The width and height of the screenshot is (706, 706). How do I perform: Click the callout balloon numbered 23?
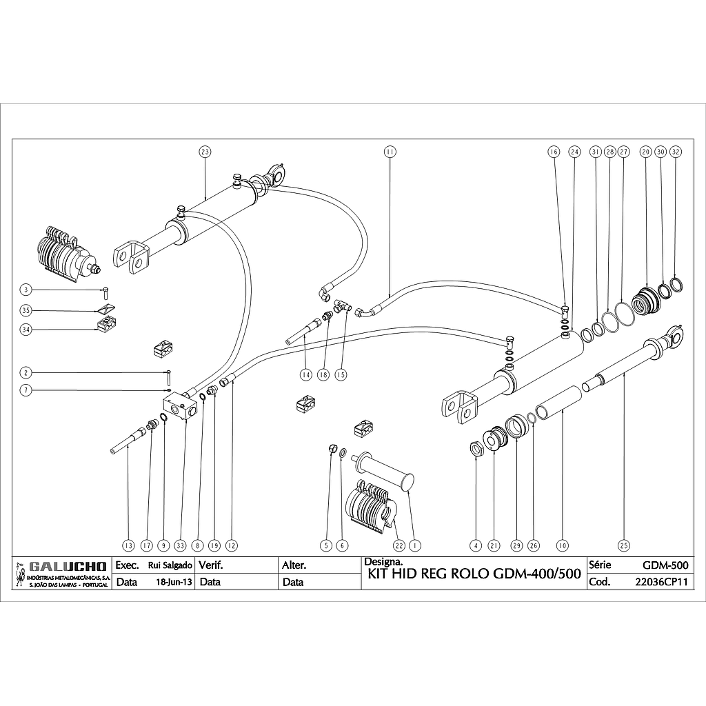click(x=204, y=151)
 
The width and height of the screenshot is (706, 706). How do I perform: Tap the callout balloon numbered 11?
click(x=390, y=151)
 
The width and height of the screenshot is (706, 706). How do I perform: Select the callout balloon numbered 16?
click(x=553, y=151)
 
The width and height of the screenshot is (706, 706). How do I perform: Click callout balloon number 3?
click(x=26, y=290)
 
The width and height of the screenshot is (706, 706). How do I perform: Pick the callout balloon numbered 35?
click(x=26, y=310)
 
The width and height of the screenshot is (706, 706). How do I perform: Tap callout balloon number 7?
click(x=26, y=390)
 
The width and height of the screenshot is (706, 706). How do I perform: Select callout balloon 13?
click(x=128, y=545)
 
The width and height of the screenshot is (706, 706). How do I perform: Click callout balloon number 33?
click(x=181, y=545)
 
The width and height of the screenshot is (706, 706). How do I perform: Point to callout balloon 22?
click(x=399, y=545)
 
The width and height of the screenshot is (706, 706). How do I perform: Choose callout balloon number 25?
click(x=624, y=545)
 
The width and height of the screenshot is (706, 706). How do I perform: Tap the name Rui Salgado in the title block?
click(x=170, y=565)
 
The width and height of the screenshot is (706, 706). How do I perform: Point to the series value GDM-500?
click(x=665, y=565)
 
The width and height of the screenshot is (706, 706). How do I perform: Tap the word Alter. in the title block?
click(x=294, y=565)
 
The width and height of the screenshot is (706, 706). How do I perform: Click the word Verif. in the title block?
click(x=212, y=565)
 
